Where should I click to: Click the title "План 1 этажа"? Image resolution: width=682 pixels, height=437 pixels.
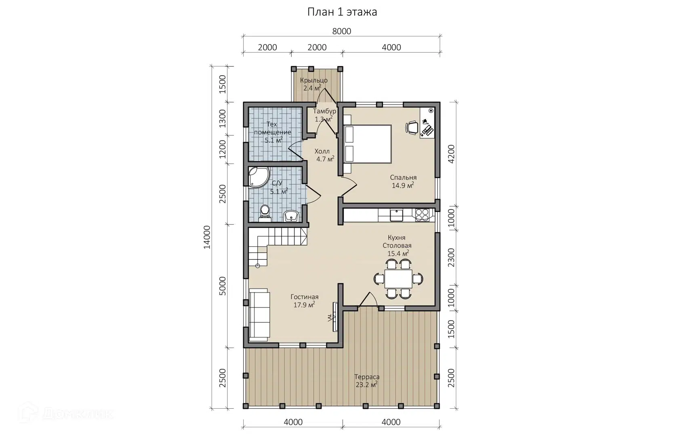pyautogui.click(x=342, y=12)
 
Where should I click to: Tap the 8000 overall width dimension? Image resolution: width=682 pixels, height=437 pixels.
pyautogui.click(x=342, y=31)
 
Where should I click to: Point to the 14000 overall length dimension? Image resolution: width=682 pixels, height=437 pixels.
pyautogui.click(x=207, y=237)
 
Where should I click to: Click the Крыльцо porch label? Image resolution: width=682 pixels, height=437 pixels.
pyautogui.click(x=314, y=80)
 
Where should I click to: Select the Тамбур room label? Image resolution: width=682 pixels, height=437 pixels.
pyautogui.click(x=324, y=111)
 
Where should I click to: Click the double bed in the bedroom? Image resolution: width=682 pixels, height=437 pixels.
pyautogui.click(x=368, y=144)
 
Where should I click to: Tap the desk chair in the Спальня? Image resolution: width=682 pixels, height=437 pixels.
pyautogui.click(x=412, y=127)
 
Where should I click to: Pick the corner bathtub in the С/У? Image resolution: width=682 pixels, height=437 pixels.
pyautogui.click(x=259, y=177)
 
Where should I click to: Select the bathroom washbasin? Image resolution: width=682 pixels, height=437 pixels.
pyautogui.click(x=292, y=216)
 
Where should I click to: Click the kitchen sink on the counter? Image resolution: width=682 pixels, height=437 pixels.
pyautogui.click(x=396, y=215)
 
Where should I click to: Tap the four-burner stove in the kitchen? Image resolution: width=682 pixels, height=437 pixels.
pyautogui.click(x=422, y=215)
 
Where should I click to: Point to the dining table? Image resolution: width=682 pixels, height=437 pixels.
pyautogui.click(x=398, y=279)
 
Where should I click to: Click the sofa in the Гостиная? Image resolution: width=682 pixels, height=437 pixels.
pyautogui.click(x=259, y=315)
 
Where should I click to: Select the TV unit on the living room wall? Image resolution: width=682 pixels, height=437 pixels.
pyautogui.click(x=335, y=317)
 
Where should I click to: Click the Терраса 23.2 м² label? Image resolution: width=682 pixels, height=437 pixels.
pyautogui.click(x=367, y=381)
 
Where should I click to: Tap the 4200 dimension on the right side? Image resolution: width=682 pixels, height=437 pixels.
pyautogui.click(x=451, y=154)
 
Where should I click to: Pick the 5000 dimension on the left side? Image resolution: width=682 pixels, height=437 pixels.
pyautogui.click(x=223, y=286)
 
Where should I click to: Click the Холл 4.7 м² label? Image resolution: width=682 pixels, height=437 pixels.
pyautogui.click(x=324, y=155)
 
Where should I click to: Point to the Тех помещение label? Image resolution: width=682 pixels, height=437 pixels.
pyautogui.click(x=272, y=132)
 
